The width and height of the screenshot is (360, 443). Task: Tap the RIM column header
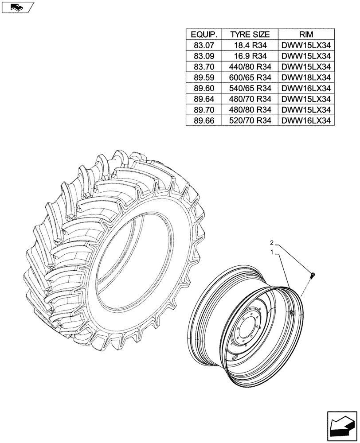(x=306, y=35)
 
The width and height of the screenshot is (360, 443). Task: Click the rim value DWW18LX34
(x=306, y=77)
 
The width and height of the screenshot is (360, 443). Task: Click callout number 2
(x=273, y=243)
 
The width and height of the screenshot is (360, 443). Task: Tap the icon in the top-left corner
(x=17, y=7)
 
